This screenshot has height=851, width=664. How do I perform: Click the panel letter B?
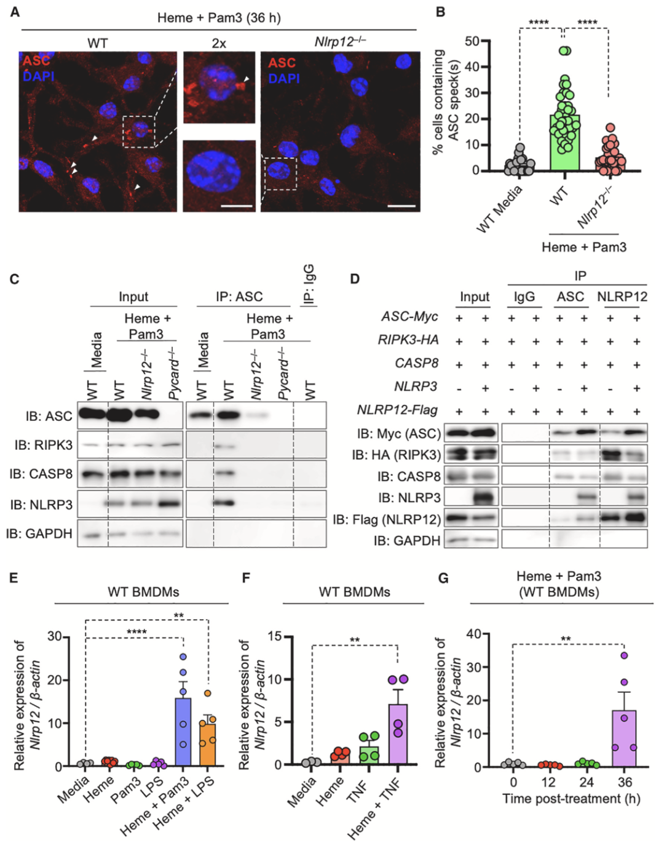pos(440,12)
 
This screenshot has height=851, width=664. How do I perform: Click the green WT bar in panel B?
pos(564,143)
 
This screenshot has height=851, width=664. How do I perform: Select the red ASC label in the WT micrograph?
pos(37,61)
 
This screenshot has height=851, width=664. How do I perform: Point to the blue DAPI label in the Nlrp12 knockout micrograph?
pos(284,79)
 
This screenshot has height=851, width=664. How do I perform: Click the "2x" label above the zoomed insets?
pos(219,43)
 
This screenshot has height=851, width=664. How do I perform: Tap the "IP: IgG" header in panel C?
pos(309,284)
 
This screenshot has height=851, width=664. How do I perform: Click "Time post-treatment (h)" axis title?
pos(571,799)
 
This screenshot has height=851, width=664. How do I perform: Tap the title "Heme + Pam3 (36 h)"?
pos(219,18)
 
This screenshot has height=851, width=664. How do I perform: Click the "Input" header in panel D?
pos(475,297)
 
